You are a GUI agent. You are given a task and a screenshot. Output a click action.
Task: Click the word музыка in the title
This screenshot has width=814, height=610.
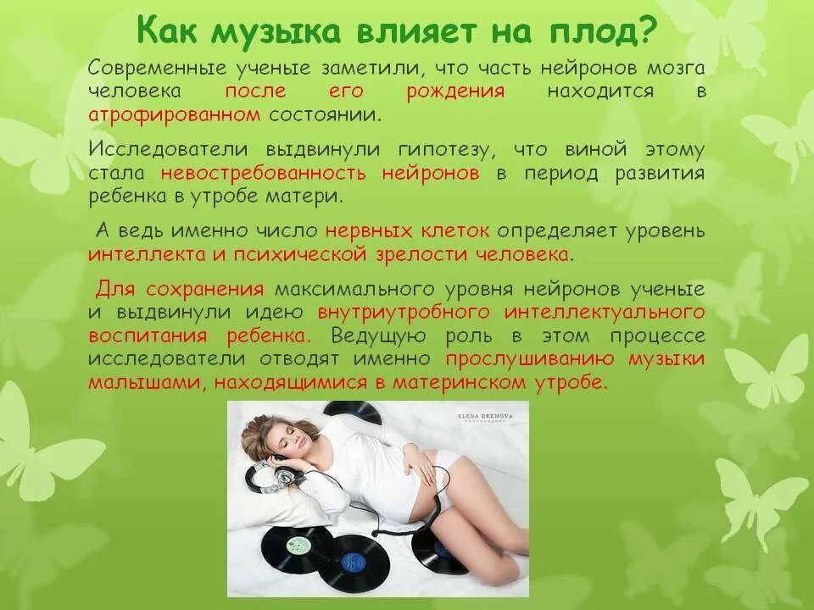point(276,32)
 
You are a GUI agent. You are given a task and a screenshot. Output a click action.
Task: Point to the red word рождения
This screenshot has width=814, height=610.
point(455,91)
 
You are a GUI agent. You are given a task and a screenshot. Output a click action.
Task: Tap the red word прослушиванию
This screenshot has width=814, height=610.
point(532,358)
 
